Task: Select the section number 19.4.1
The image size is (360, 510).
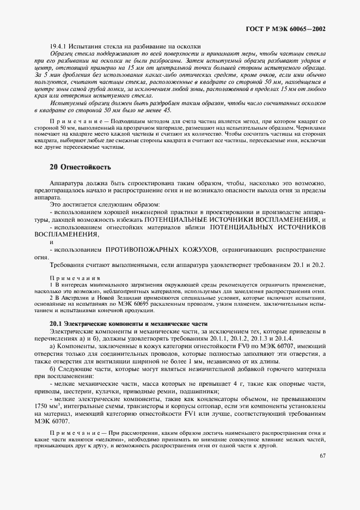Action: pos(58,47)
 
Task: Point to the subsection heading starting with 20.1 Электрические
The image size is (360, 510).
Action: pos(120,324)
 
